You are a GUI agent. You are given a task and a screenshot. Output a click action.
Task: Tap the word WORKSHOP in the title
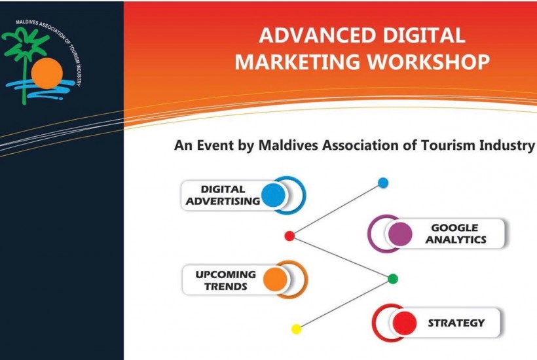click(x=428, y=62)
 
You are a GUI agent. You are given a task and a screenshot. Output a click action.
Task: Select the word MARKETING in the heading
click(x=297, y=62)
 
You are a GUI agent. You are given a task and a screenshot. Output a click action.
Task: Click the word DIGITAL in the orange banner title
click(x=424, y=35)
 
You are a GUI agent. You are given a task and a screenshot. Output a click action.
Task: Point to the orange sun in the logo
click(x=47, y=73)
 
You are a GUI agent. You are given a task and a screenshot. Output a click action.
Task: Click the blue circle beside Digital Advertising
click(x=273, y=195)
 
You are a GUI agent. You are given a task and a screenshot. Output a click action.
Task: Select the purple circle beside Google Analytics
click(x=400, y=234)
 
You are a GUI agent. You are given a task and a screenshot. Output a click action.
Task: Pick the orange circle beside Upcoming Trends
click(x=275, y=279)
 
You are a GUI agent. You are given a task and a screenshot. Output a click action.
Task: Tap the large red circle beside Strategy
click(x=405, y=323)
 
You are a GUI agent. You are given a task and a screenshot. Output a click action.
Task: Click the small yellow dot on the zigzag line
click(x=296, y=329)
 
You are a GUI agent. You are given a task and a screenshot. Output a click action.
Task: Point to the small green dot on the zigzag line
click(x=393, y=279)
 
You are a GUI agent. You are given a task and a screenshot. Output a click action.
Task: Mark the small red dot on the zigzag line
click(x=289, y=236)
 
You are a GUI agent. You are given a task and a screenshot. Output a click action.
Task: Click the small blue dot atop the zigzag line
click(x=383, y=183)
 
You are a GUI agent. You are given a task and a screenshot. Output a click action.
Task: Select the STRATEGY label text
click(x=456, y=323)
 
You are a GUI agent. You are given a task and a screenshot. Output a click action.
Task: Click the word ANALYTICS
click(x=456, y=240)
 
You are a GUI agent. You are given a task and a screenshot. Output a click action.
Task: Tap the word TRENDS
click(x=226, y=287)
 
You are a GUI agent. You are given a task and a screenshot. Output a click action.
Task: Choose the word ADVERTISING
click(x=223, y=201)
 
